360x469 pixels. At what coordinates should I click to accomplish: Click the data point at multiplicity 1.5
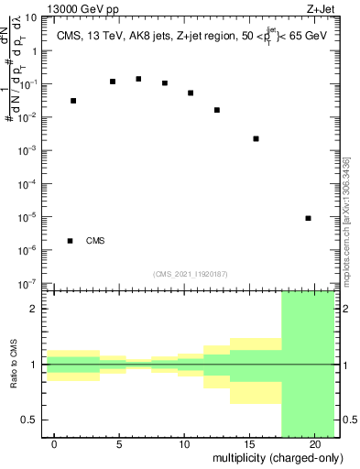[x=73, y=101]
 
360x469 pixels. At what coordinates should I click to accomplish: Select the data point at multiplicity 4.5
[x=113, y=82]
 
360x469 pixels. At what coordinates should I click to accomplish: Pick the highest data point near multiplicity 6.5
[x=138, y=79]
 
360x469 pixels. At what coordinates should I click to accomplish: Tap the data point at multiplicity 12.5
[x=217, y=110]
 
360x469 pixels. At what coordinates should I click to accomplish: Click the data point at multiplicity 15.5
[x=256, y=138]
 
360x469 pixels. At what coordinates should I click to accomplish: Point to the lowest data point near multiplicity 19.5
[x=309, y=218]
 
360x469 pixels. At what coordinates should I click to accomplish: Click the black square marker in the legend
[x=71, y=241]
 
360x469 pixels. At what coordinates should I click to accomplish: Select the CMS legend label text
[x=95, y=241]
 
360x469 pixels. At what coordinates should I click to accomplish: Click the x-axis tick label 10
[x=184, y=444]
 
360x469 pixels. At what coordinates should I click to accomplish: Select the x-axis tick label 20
[x=315, y=444]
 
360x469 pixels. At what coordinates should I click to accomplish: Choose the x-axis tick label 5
[x=119, y=444]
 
